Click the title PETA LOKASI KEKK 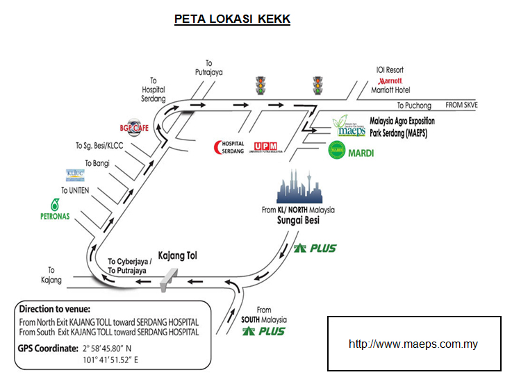(x=232, y=19)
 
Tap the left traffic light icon (x=261, y=85)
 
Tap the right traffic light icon (x=318, y=85)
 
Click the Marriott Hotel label (x=390, y=90)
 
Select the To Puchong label (x=414, y=106)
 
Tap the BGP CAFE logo (x=134, y=127)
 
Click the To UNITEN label (x=75, y=190)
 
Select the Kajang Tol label (x=178, y=255)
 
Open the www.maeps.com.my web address (x=413, y=344)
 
